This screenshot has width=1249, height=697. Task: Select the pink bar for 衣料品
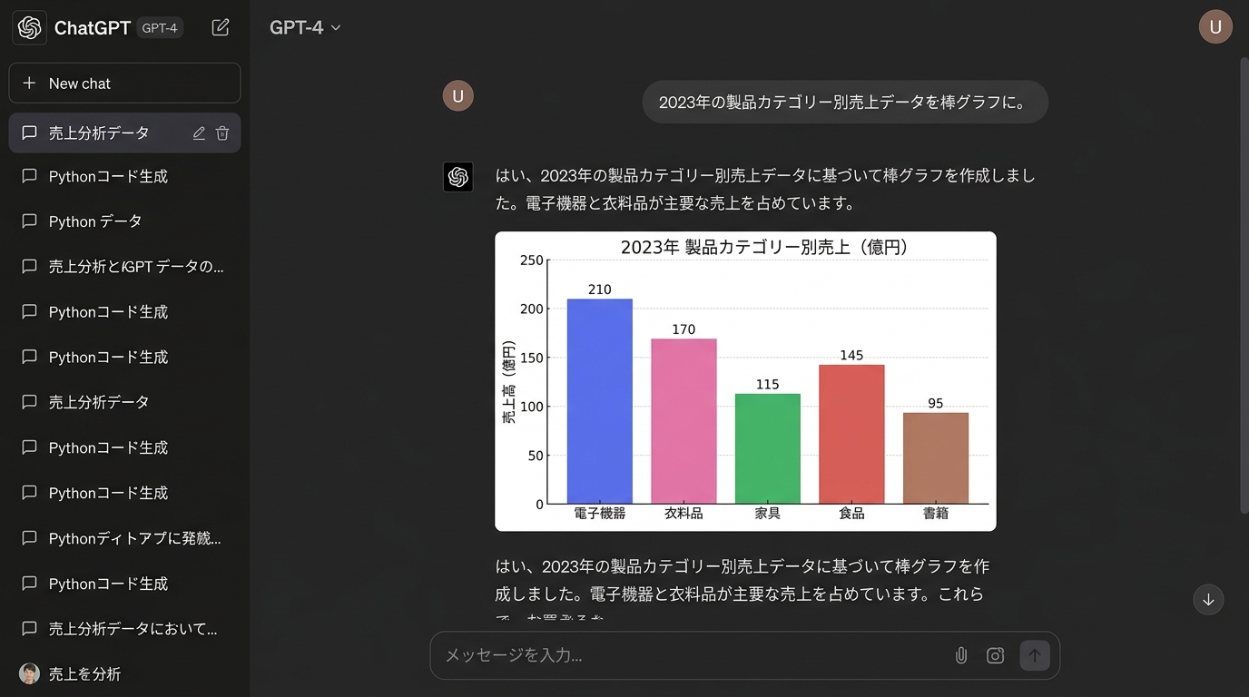coord(684,421)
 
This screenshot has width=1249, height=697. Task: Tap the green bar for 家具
coord(767,448)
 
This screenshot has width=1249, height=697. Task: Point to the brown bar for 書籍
coord(935,458)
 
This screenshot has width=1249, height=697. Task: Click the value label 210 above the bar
coord(599,290)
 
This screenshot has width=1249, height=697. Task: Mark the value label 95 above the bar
coord(935,404)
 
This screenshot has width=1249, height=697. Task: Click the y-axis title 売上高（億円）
coord(509,382)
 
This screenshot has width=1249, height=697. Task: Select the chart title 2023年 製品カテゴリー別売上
coord(764,247)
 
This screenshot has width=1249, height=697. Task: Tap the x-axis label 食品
coord(851,514)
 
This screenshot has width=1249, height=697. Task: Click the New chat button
coord(124,83)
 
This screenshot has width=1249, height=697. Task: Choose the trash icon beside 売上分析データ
coord(222,133)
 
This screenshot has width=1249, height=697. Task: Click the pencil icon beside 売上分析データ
coord(199,133)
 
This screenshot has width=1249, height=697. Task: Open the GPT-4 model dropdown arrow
coord(336,28)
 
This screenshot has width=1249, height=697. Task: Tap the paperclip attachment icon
coord(961,655)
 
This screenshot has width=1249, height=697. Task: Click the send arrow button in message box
coord(1035,655)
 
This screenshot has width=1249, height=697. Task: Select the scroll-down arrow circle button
coord(1208,600)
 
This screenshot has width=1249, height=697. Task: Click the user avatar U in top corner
coord(1215,27)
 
